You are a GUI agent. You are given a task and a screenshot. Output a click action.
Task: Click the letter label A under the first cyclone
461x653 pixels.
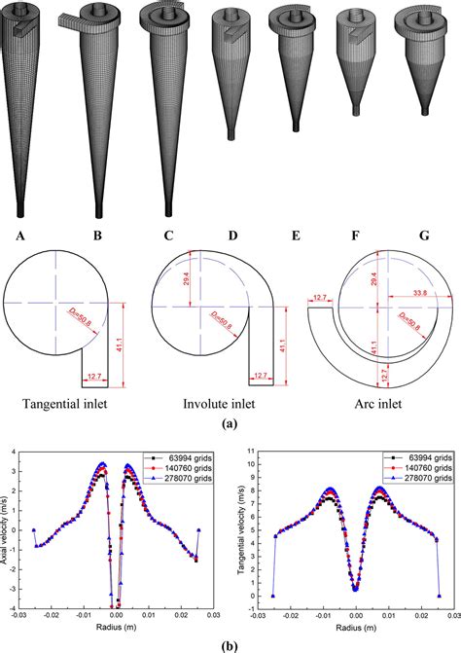tap(20, 234)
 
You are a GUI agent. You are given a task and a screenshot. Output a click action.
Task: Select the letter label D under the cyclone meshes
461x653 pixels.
tap(231, 234)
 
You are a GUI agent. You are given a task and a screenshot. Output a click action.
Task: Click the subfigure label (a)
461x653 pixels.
tap(230, 423)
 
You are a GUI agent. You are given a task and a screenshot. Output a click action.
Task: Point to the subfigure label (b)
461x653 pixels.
tap(230, 643)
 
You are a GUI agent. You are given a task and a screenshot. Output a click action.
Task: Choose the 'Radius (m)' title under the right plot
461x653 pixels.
tap(355, 628)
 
